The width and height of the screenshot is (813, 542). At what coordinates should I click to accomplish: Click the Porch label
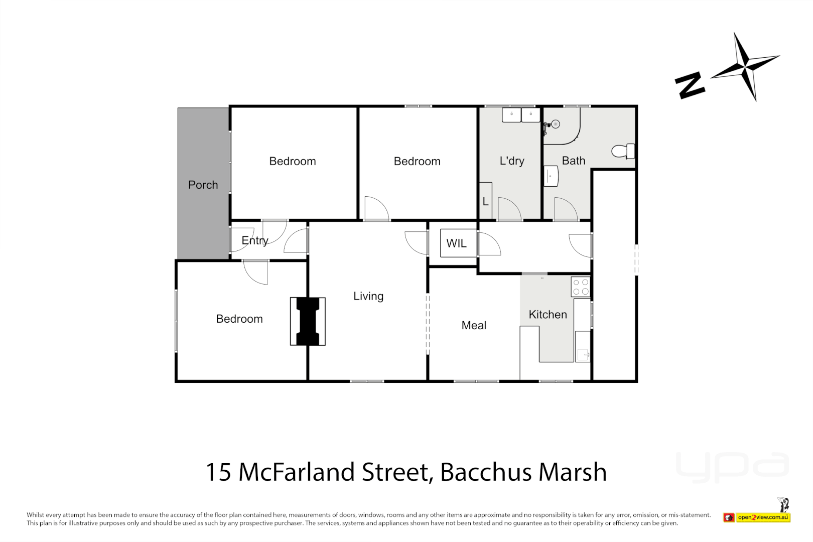(203, 185)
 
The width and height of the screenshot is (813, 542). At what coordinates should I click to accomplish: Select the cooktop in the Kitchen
(581, 287)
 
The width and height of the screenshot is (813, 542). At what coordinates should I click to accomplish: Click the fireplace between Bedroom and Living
(308, 322)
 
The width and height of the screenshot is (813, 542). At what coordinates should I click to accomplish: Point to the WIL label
(456, 243)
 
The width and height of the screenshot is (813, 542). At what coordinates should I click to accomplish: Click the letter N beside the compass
(690, 85)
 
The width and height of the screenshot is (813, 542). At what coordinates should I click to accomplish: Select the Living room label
(368, 296)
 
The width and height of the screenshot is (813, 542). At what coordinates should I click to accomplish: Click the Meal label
(474, 325)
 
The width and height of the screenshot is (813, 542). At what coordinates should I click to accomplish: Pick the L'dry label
(512, 161)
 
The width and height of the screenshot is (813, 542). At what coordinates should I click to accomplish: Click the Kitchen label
(548, 315)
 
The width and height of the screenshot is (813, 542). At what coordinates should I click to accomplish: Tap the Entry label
(255, 240)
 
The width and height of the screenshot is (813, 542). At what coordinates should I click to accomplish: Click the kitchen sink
(583, 354)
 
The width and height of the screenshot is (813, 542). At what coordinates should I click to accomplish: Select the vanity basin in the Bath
(551, 176)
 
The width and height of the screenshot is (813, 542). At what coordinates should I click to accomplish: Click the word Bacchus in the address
(486, 472)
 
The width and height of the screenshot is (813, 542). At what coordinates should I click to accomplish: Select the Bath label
(573, 161)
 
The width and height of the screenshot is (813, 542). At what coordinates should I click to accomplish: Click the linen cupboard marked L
(485, 201)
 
